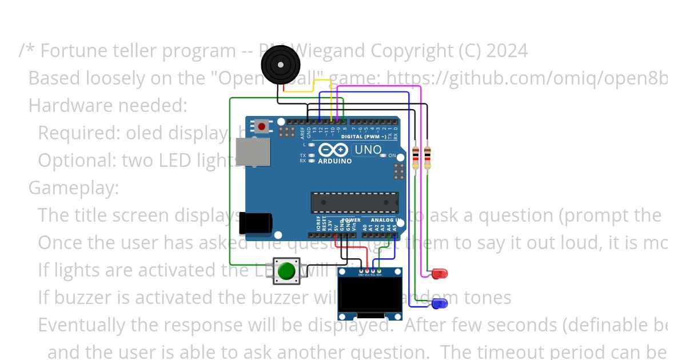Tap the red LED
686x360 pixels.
[x=440, y=274]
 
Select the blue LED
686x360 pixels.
[x=439, y=304]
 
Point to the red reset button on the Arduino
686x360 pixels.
[x=262, y=126]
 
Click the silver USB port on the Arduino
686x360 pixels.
[x=253, y=151]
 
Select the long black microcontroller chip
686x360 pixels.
[x=354, y=202]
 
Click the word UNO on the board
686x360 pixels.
[x=368, y=150]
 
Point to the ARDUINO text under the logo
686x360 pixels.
[x=334, y=161]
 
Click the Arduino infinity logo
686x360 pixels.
[x=333, y=150]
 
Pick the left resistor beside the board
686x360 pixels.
[x=416, y=157]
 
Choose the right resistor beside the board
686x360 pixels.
[x=427, y=157]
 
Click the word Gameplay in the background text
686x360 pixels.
[x=73, y=188]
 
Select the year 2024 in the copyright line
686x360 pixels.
[x=507, y=51]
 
